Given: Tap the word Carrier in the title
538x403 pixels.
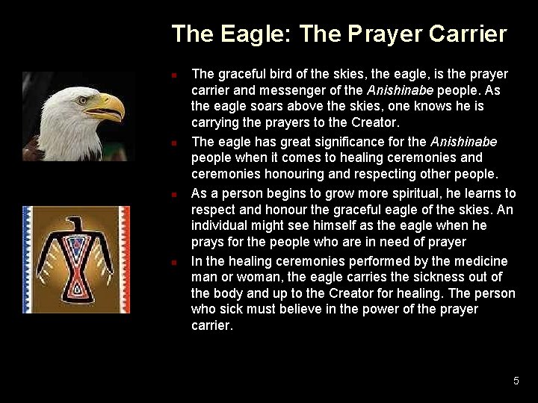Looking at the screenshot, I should [x=468, y=34].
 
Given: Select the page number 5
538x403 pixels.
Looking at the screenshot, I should [x=516, y=381].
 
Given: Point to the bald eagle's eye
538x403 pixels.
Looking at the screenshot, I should [x=83, y=99].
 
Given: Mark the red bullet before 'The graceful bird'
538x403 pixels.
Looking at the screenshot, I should [x=173, y=75].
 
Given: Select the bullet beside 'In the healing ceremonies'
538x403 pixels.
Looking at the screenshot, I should [x=173, y=263].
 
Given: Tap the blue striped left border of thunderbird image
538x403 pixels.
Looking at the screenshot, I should [x=28, y=259].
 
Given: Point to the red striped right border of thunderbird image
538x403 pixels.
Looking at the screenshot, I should [x=124, y=259].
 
